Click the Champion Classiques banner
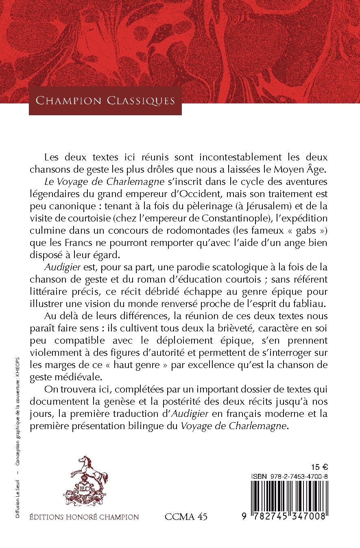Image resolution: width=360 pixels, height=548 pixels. [105, 100]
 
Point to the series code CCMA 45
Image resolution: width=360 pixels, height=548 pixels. [186, 517]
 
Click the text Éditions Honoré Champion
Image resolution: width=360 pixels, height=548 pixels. [84, 517]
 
